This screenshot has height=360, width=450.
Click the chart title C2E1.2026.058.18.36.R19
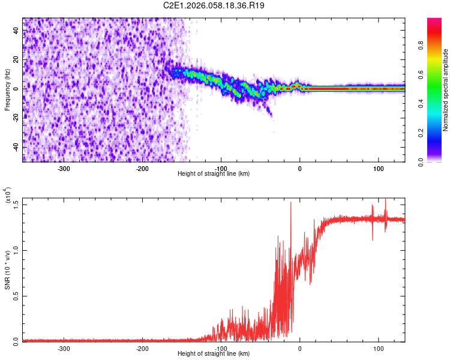pyautogui.click(x=214, y=5)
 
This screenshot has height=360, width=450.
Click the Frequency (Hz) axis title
pyautogui.click(x=7, y=89)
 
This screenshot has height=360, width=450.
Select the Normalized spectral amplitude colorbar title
pyautogui.click(x=446, y=89)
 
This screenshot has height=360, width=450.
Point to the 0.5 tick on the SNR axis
pyautogui.click(x=16, y=296)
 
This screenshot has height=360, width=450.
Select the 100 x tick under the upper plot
pyautogui.click(x=379, y=169)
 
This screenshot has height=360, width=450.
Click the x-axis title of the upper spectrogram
pyautogui.click(x=214, y=174)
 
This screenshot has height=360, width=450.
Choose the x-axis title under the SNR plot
pyautogui.click(x=214, y=353)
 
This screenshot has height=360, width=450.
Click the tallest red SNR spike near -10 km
pyautogui.click(x=291, y=203)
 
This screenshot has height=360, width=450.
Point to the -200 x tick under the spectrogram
pyautogui.click(x=142, y=169)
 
